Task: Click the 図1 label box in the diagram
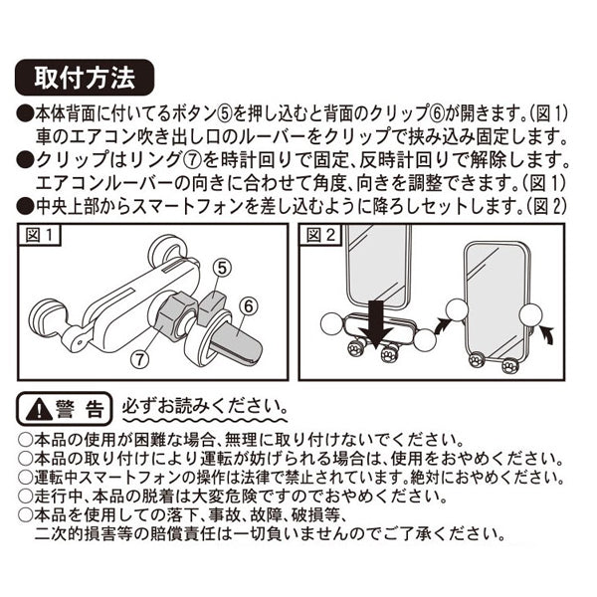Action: (x=42, y=237)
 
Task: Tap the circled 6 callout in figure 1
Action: (x=249, y=305)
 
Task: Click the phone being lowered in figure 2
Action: (x=376, y=264)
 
